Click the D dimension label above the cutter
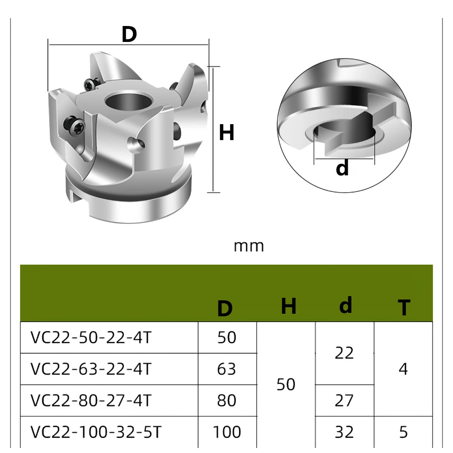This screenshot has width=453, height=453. pyautogui.click(x=129, y=34)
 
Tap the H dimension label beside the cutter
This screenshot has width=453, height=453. pyautogui.click(x=226, y=133)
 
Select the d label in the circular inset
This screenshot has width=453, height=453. pyautogui.click(x=342, y=168)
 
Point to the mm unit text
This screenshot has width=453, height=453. pyautogui.click(x=249, y=245)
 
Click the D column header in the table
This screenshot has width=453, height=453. pyautogui.click(x=225, y=309)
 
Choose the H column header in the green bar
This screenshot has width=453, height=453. pyautogui.click(x=289, y=306)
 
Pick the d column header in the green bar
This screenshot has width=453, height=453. pyautogui.click(x=345, y=305)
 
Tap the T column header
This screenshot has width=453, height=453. pyautogui.click(x=404, y=308)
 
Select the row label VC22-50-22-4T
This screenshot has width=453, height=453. pyautogui.click(x=90, y=337)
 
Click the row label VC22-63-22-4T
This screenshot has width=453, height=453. pyautogui.click(x=90, y=369)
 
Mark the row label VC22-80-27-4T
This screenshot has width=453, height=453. pyautogui.click(x=90, y=400)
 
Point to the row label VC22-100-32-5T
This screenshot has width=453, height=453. pyautogui.click(x=95, y=432)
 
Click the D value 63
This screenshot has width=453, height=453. pyautogui.click(x=226, y=369)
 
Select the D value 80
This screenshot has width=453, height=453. pyautogui.click(x=226, y=400)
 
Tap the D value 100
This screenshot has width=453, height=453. pyautogui.click(x=226, y=432)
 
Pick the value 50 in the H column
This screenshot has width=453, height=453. pyautogui.click(x=286, y=384)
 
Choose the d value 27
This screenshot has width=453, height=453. pyautogui.click(x=344, y=400)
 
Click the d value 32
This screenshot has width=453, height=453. pyautogui.click(x=344, y=432)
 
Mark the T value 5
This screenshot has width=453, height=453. pyautogui.click(x=403, y=432)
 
